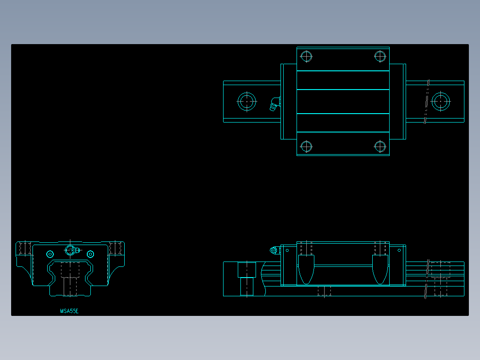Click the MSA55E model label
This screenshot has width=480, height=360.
point(69,311)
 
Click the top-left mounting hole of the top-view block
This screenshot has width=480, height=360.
point(306,57)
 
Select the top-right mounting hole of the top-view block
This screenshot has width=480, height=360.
point(380,57)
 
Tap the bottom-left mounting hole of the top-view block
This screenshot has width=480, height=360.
point(306,146)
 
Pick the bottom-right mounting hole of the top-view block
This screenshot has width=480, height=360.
point(380,146)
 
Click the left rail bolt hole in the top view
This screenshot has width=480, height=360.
point(247,102)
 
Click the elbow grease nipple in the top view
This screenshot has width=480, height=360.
point(274,104)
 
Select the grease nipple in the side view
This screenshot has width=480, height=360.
point(273,250)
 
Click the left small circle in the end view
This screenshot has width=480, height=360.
point(50,254)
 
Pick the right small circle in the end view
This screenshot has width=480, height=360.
point(90,254)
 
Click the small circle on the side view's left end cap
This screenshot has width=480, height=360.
point(287,250)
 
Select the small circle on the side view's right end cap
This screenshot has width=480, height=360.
point(399,250)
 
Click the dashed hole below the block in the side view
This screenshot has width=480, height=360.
point(324,291)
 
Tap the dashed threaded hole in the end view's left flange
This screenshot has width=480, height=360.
point(25,248)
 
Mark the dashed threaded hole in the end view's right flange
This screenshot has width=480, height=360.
point(115,248)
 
